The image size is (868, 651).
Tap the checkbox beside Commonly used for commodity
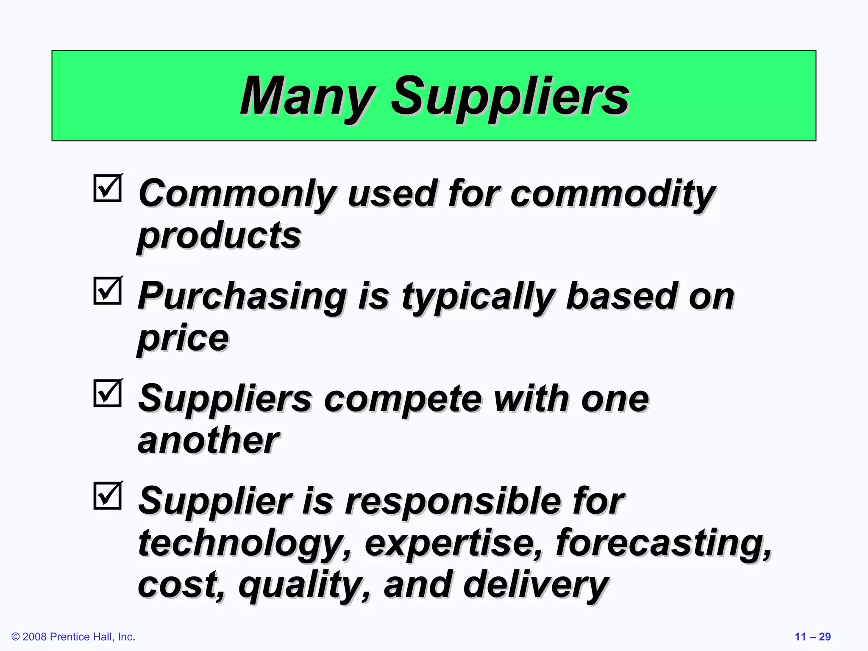pos(108,188)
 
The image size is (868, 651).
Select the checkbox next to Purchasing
pos(108,291)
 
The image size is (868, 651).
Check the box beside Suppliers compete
pos(108,393)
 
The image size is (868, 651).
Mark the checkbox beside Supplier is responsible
pos(108,496)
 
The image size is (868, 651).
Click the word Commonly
pos(238,194)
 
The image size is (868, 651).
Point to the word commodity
pos(613,194)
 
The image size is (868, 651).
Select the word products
pos(219,236)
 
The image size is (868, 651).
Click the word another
pos(209,441)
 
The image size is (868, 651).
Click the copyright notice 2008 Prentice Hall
pos(73,637)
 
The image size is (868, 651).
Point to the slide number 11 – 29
pos(812,637)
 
